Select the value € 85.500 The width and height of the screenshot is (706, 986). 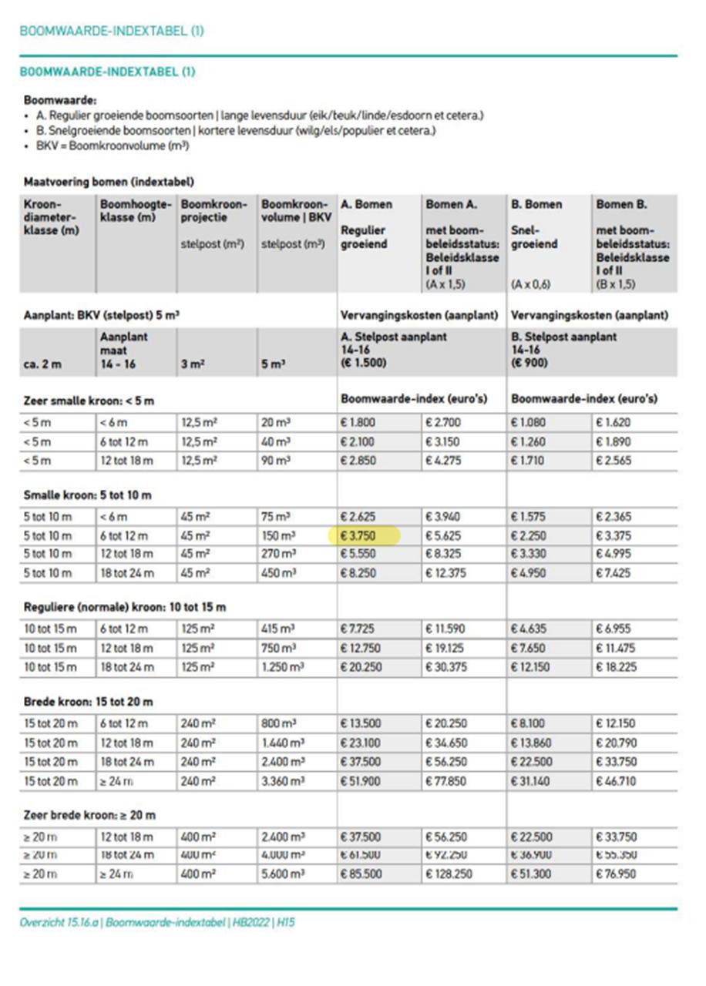point(361,874)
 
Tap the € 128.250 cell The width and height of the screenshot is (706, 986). point(448,874)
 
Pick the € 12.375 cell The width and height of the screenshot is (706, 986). point(446,572)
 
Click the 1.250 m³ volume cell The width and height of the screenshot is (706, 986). point(283,667)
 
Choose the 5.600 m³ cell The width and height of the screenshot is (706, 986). point(283,874)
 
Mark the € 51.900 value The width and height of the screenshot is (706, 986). point(361,781)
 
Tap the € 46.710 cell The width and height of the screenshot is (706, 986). point(616,781)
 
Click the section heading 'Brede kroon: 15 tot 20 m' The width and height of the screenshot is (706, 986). point(89,702)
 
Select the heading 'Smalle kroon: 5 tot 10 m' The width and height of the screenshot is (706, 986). point(88,495)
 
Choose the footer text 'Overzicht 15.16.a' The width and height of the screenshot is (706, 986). point(59,922)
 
